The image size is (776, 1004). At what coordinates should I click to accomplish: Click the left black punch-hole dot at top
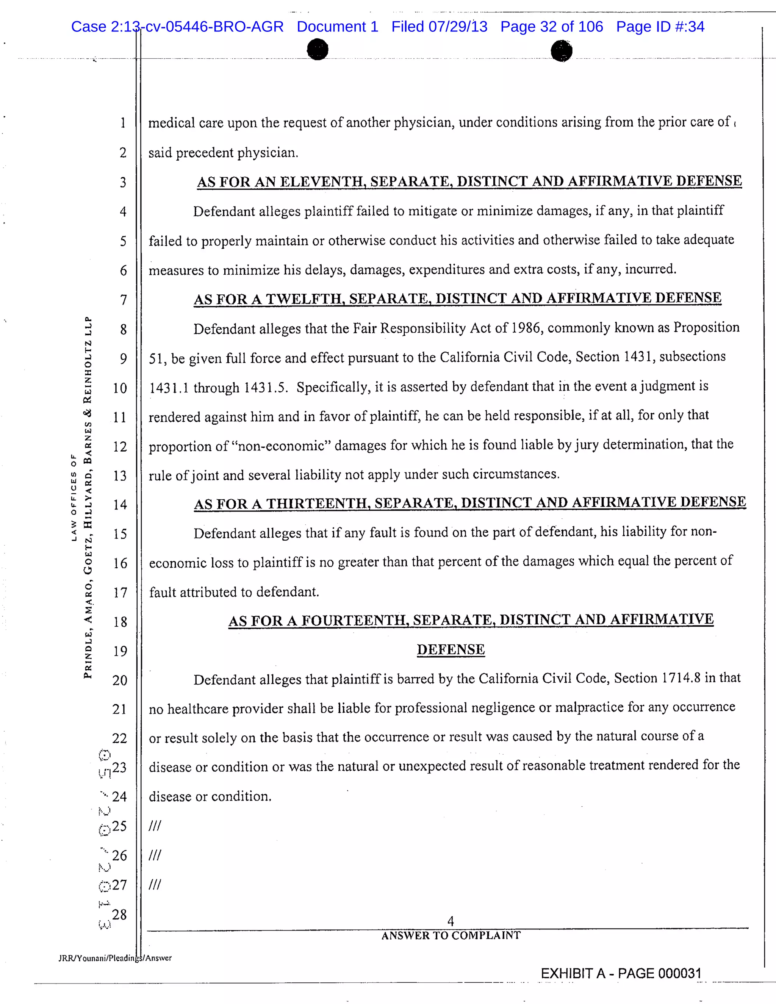tap(318, 50)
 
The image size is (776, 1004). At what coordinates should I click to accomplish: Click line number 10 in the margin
tap(120, 388)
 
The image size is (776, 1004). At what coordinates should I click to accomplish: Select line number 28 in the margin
tap(119, 915)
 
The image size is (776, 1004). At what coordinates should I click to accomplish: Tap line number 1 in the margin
tap(123, 123)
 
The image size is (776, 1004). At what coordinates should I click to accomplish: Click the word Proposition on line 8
tap(706, 327)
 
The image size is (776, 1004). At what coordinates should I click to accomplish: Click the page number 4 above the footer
tap(451, 921)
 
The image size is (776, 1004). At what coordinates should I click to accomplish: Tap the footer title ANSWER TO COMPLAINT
tap(451, 935)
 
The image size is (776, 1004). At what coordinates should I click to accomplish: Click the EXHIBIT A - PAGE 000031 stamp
tap(621, 973)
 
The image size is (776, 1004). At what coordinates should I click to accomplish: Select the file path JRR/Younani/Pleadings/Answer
tap(115, 958)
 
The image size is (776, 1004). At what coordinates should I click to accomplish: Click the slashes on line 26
tap(155, 855)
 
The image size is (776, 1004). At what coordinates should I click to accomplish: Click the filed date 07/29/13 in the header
tap(457, 27)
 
